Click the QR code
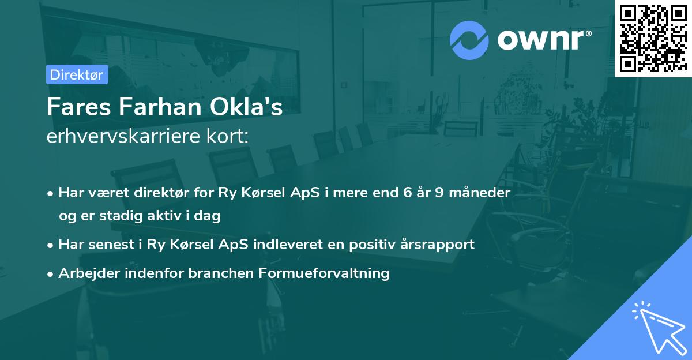click(x=653, y=38)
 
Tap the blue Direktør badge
click(x=77, y=74)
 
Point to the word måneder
click(x=482, y=193)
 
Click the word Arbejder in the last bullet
click(x=86, y=273)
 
